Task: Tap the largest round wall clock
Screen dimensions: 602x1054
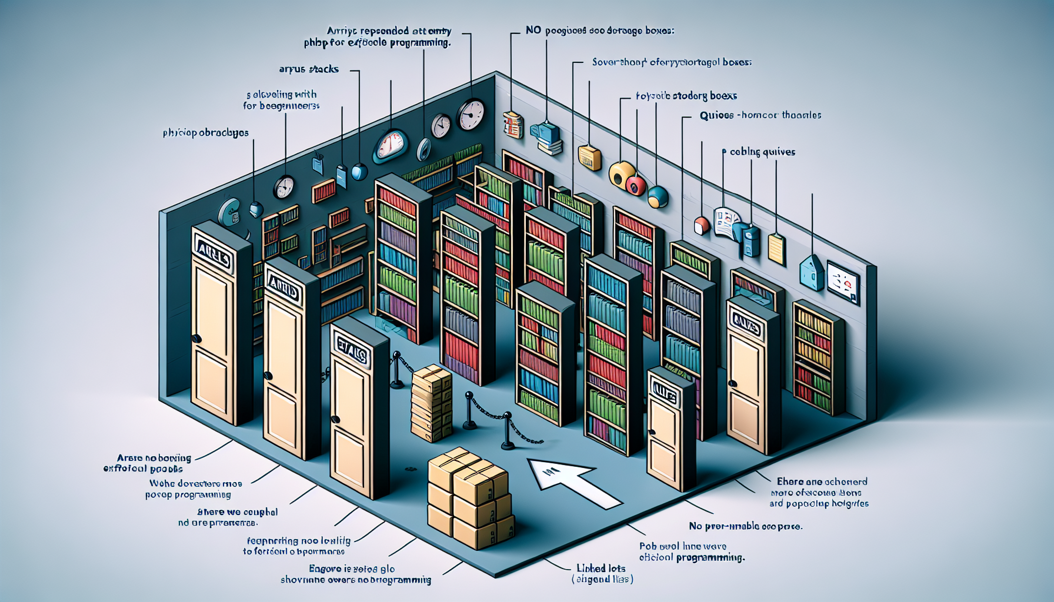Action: coord(471,115)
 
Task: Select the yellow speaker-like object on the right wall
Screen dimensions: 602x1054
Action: coord(621,174)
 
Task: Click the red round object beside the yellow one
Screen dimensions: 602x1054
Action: coord(636,185)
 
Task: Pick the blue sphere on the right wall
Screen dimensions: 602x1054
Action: coord(658,196)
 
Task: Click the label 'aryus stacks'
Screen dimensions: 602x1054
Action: coord(309,69)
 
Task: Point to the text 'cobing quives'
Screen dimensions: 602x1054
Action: coord(762,152)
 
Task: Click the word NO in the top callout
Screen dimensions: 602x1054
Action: coord(533,30)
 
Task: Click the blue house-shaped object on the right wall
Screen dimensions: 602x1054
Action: coord(812,272)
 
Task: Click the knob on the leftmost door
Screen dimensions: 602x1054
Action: coord(196,339)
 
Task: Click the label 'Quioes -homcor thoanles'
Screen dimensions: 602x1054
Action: coord(760,115)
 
